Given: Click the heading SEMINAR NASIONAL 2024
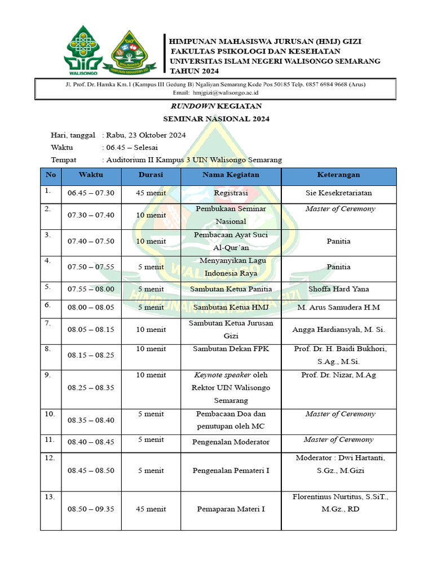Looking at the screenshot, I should pyautogui.click(x=216, y=119).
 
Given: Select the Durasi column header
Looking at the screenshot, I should pyautogui.click(x=151, y=175).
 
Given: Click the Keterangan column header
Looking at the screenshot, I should pyautogui.click(x=338, y=175).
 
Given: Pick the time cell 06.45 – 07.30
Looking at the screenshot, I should pyautogui.click(x=91, y=193).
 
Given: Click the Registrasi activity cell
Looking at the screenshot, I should pyautogui.click(x=231, y=193).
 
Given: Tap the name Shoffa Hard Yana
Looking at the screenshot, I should pyautogui.click(x=338, y=289).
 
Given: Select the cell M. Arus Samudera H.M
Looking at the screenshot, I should pyautogui.click(x=338, y=307).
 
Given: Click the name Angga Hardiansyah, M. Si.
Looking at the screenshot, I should pyautogui.click(x=338, y=330).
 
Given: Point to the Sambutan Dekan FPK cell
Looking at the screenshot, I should pyautogui.click(x=231, y=349).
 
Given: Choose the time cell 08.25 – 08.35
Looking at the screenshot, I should pyautogui.click(x=91, y=388).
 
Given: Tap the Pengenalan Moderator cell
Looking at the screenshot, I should pyautogui.click(x=231, y=442).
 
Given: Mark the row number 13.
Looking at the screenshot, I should pyautogui.click(x=50, y=496).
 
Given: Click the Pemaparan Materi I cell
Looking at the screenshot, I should pyautogui.click(x=231, y=509).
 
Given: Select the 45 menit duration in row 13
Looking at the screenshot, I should pyautogui.click(x=151, y=509).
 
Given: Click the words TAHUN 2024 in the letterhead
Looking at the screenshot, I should pyautogui.click(x=194, y=71).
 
